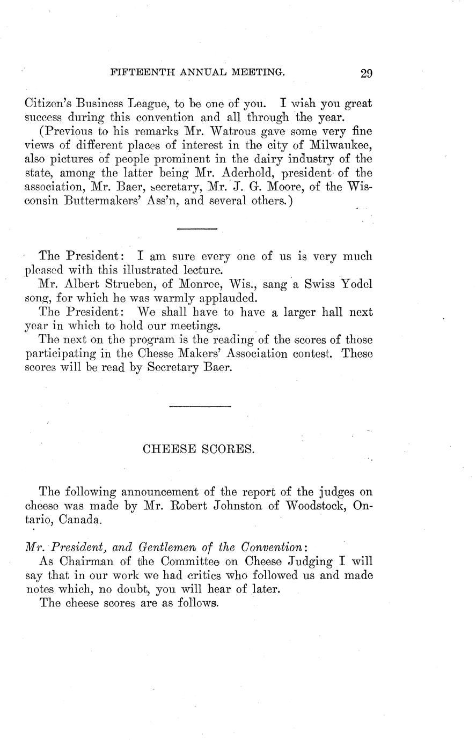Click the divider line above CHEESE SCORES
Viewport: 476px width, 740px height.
(200, 406)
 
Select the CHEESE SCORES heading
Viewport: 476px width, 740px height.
(199, 449)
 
